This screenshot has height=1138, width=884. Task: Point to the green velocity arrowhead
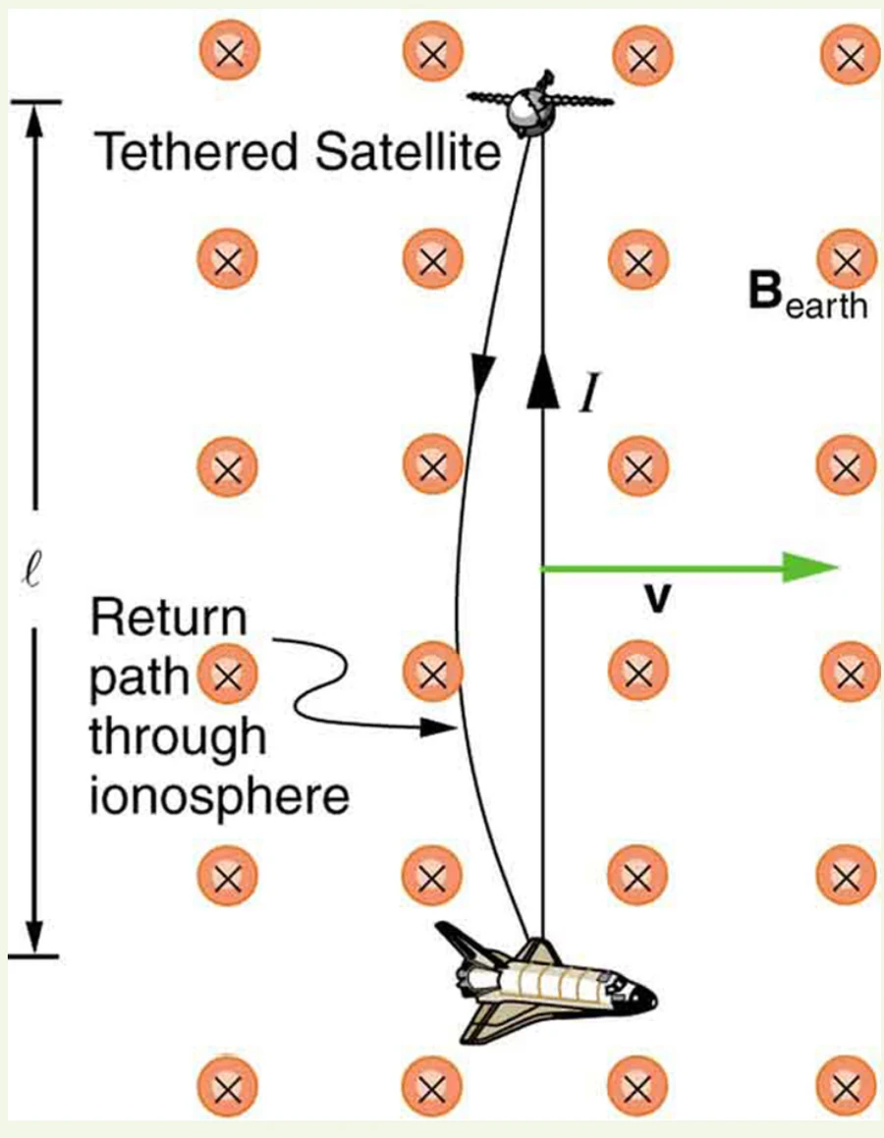[810, 568]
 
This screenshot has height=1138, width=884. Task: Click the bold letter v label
[657, 599]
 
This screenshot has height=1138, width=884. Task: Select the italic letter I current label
[590, 393]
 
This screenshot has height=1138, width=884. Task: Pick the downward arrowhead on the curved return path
[481, 374]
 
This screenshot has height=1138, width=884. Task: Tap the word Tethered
[196, 151]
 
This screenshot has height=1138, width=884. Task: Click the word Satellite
[409, 151]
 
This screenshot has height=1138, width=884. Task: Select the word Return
[168, 619]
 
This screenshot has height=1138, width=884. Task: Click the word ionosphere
[219, 796]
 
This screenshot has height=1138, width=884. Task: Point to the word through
[178, 736]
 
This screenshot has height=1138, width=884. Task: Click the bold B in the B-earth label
[765, 291]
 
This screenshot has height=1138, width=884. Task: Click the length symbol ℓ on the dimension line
[33, 568]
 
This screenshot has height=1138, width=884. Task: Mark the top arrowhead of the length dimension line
[34, 120]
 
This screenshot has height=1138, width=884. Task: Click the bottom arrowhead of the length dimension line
[34, 937]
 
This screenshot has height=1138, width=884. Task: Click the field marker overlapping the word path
[228, 675]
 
